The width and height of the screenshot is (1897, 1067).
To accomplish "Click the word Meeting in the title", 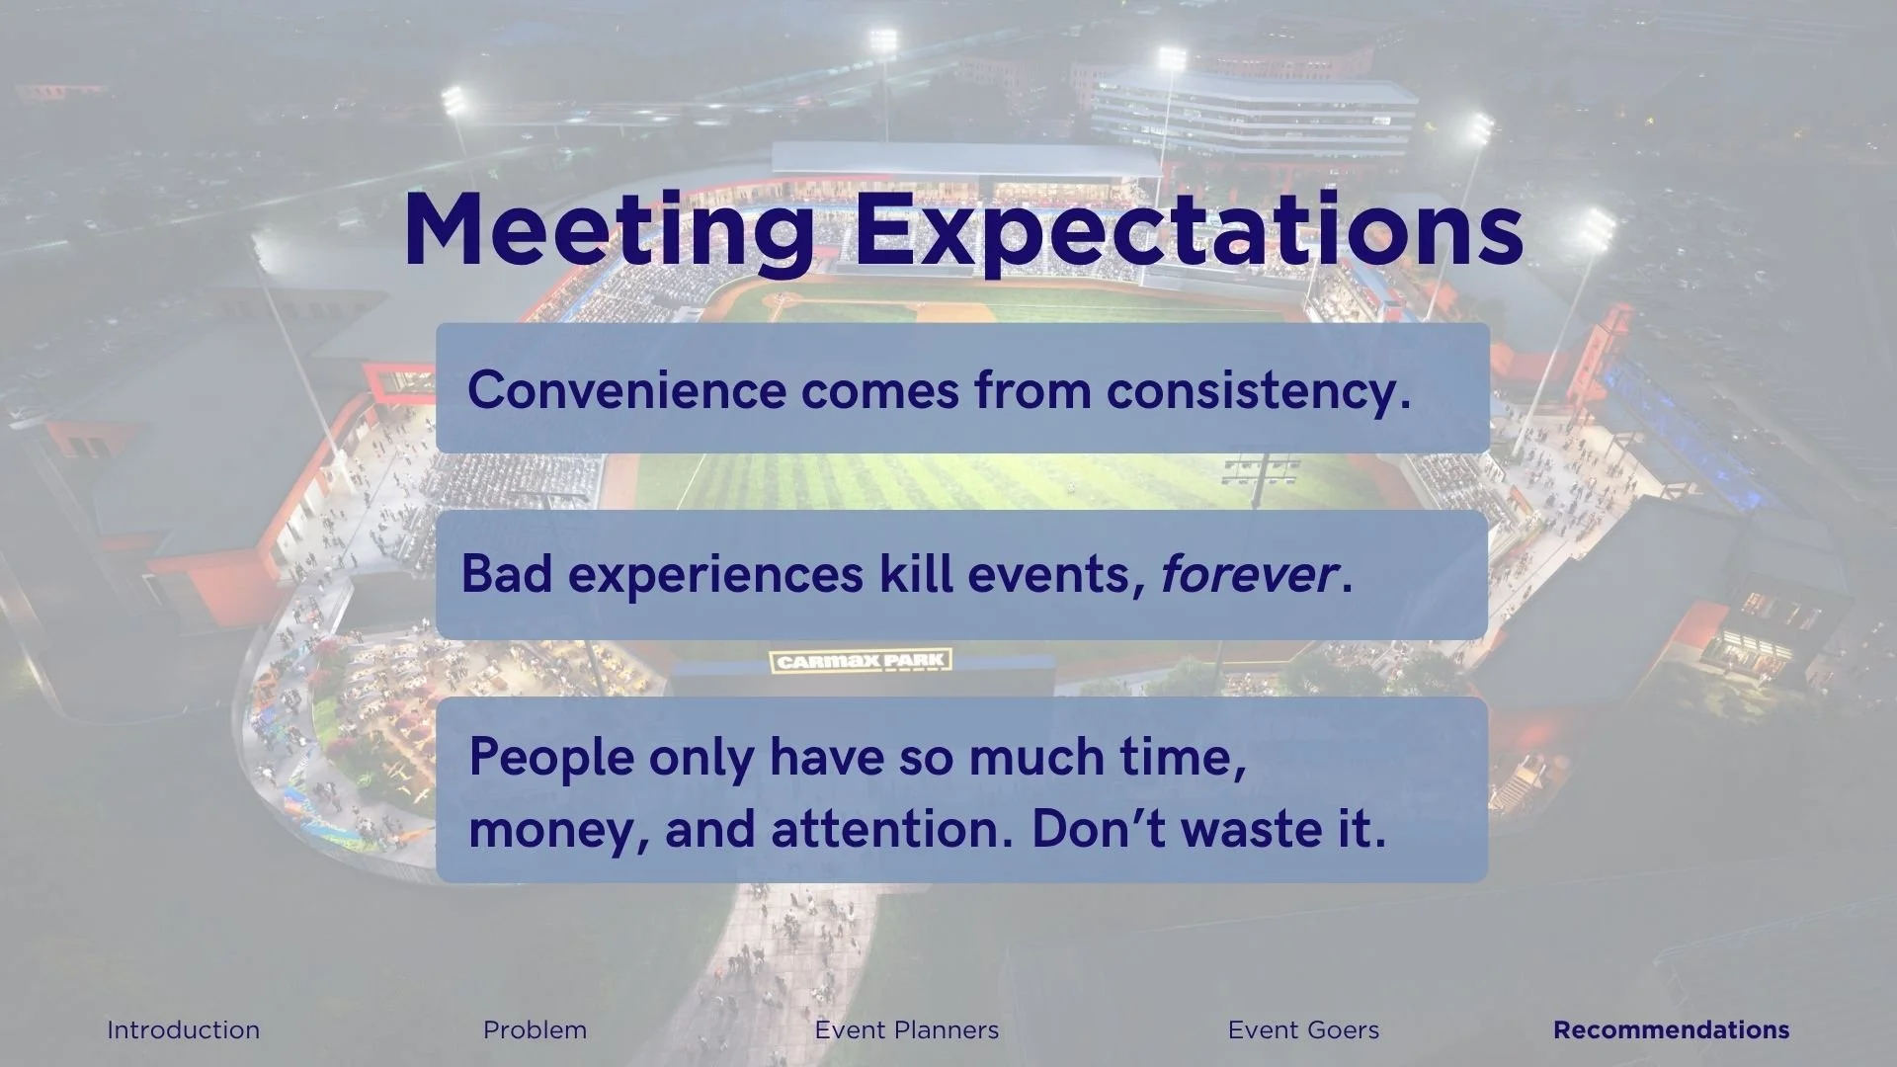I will [x=609, y=229].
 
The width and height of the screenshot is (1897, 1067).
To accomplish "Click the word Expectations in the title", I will [x=1189, y=229].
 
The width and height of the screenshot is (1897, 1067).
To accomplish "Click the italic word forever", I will [x=1248, y=574].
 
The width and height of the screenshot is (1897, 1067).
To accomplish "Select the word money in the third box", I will [x=551, y=830].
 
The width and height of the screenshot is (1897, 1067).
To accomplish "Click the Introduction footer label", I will [x=184, y=1029].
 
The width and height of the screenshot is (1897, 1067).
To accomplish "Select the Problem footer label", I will [x=535, y=1029].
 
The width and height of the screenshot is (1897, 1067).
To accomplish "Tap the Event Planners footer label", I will [x=907, y=1029].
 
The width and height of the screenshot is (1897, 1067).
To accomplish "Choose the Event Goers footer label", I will [x=1303, y=1029].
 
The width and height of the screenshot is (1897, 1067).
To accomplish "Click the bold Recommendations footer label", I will [x=1671, y=1029].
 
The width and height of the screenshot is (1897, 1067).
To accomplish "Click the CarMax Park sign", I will [x=861, y=661].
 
